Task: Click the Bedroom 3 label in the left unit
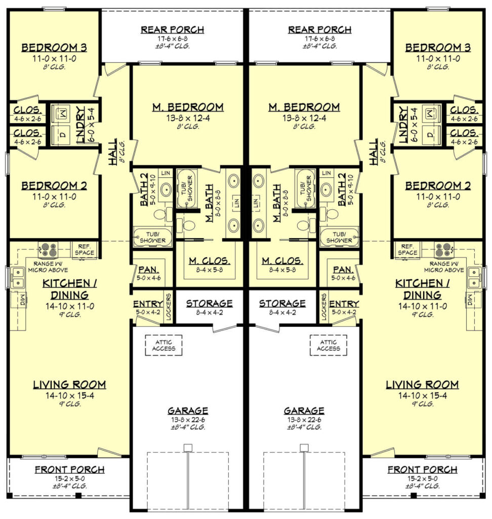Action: click(54, 48)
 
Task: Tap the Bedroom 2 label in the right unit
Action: click(438, 186)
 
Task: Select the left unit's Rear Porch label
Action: click(173, 29)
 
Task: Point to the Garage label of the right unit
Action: click(304, 411)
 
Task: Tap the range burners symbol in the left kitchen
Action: click(49, 249)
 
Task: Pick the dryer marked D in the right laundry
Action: click(429, 135)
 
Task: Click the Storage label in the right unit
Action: click(282, 304)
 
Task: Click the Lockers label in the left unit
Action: click(169, 307)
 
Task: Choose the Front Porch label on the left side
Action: click(69, 470)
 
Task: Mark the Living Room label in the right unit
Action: click(422, 385)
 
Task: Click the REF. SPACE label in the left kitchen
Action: click(84, 249)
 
